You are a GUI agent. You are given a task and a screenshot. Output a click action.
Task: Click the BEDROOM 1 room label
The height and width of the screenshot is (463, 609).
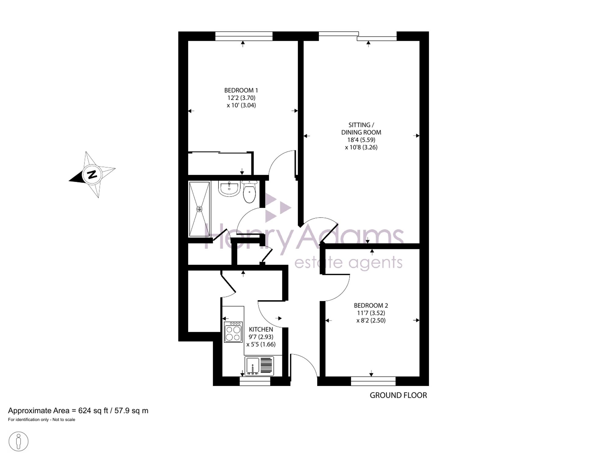pos(241,90)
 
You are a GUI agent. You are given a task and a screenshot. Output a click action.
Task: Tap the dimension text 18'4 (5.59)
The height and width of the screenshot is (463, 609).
pos(361,140)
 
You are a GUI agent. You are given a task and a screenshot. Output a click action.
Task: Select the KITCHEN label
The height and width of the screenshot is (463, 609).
pos(261,329)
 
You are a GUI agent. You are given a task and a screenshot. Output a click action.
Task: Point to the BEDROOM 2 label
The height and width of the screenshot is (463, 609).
pos(371,305)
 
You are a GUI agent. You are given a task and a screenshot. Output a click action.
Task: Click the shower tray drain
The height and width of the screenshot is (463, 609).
pos(199,209)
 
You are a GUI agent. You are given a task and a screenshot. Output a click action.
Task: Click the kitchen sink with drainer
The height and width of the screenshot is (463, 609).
pos(259,366)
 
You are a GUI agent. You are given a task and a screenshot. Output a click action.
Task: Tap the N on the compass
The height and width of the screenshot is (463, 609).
pos(92,175)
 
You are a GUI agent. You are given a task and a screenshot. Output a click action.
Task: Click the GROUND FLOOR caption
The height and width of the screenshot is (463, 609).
pos(398,395)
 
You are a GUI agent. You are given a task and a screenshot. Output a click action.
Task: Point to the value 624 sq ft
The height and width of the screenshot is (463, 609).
pos(93,411)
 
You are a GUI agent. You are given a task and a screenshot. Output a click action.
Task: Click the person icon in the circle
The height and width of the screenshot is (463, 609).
pos(19,441)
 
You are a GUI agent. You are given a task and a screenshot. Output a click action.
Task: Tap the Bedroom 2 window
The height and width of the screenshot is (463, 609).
pos(373,381)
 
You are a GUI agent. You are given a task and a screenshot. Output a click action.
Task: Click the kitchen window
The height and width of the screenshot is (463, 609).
pos(255,381)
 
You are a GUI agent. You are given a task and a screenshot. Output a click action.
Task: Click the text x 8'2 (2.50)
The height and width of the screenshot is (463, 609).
pos(371,320)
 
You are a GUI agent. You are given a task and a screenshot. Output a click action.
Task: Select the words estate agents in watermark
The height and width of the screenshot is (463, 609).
pos(348,262)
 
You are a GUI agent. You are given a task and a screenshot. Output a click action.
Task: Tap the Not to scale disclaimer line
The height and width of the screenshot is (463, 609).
pos(41,420)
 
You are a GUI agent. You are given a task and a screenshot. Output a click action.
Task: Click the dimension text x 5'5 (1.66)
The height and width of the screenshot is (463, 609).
pos(261,344)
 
